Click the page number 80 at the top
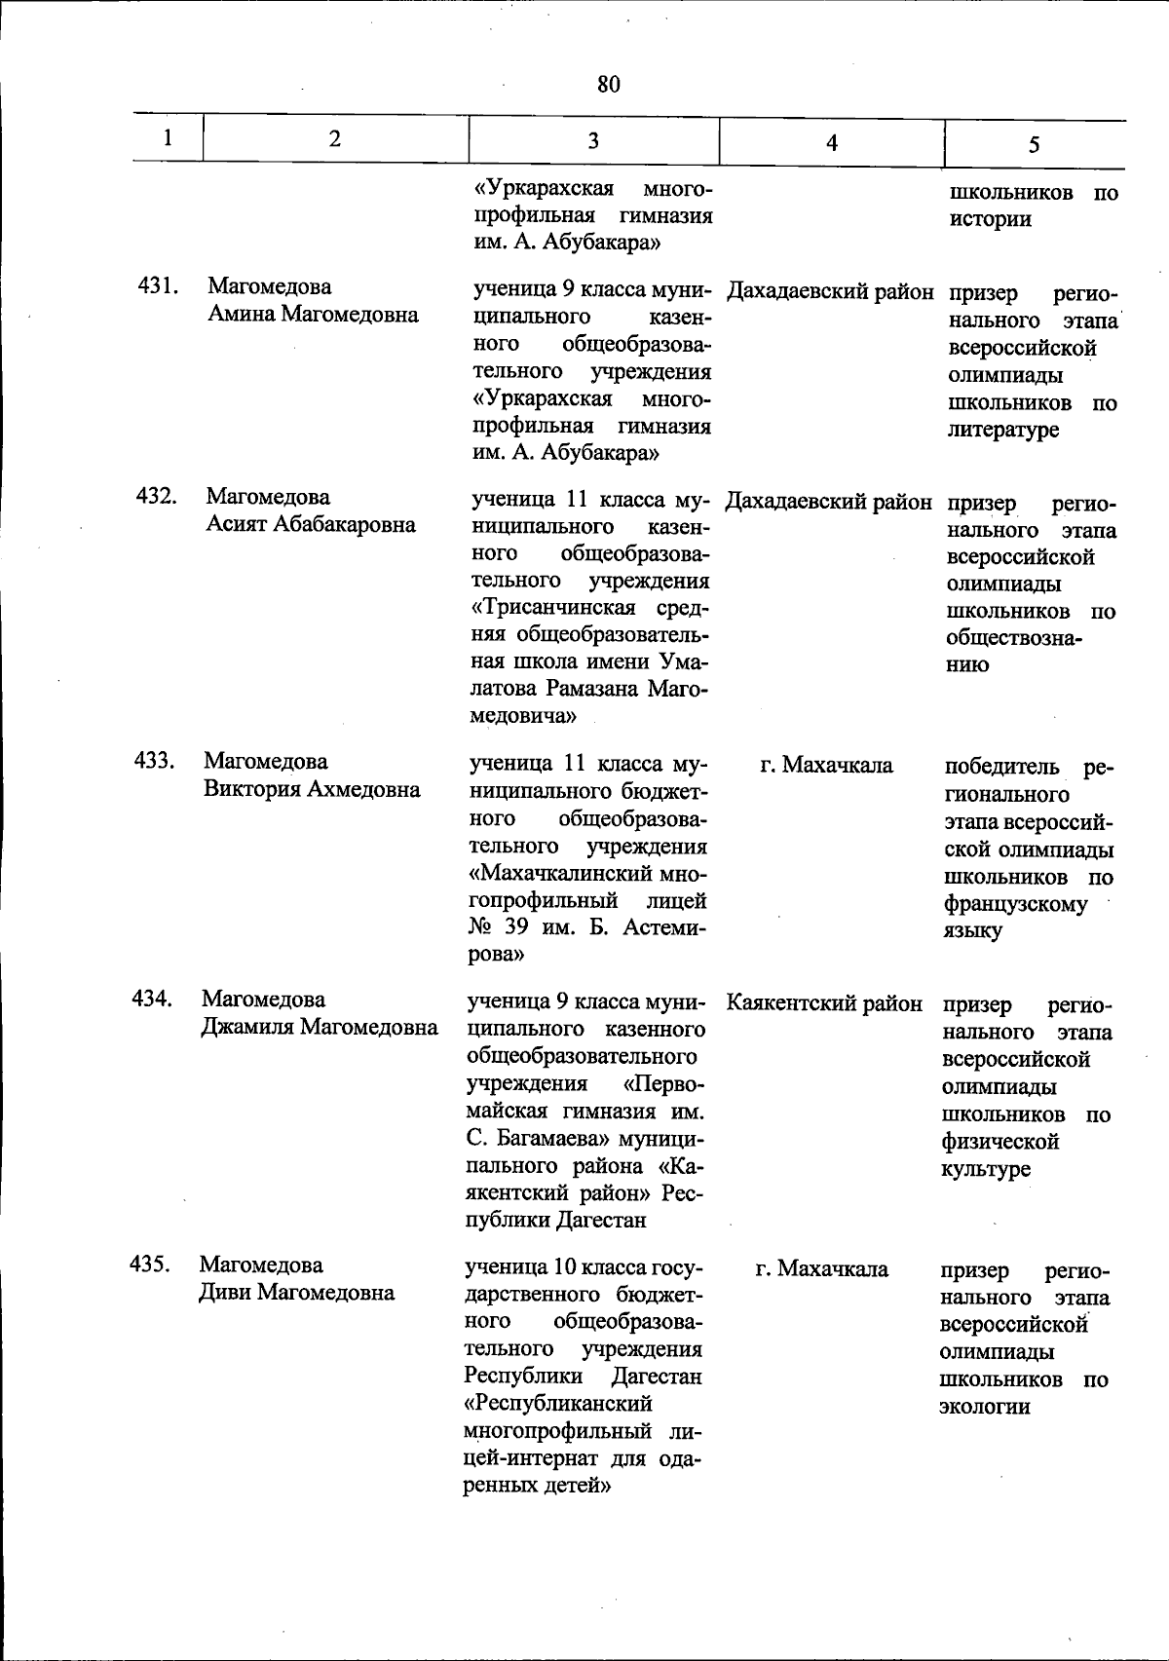click(x=608, y=85)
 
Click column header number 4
click(x=831, y=143)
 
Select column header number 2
click(x=334, y=138)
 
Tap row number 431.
click(x=157, y=286)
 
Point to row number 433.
click(x=154, y=761)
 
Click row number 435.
click(x=150, y=1265)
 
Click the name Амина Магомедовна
click(x=313, y=315)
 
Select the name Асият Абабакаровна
click(x=311, y=525)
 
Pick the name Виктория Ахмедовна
click(x=312, y=789)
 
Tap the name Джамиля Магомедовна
click(x=320, y=1027)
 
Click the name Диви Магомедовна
click(x=297, y=1293)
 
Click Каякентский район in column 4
click(x=824, y=1003)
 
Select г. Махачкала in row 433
click(x=826, y=766)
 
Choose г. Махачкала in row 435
click(x=822, y=1269)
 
